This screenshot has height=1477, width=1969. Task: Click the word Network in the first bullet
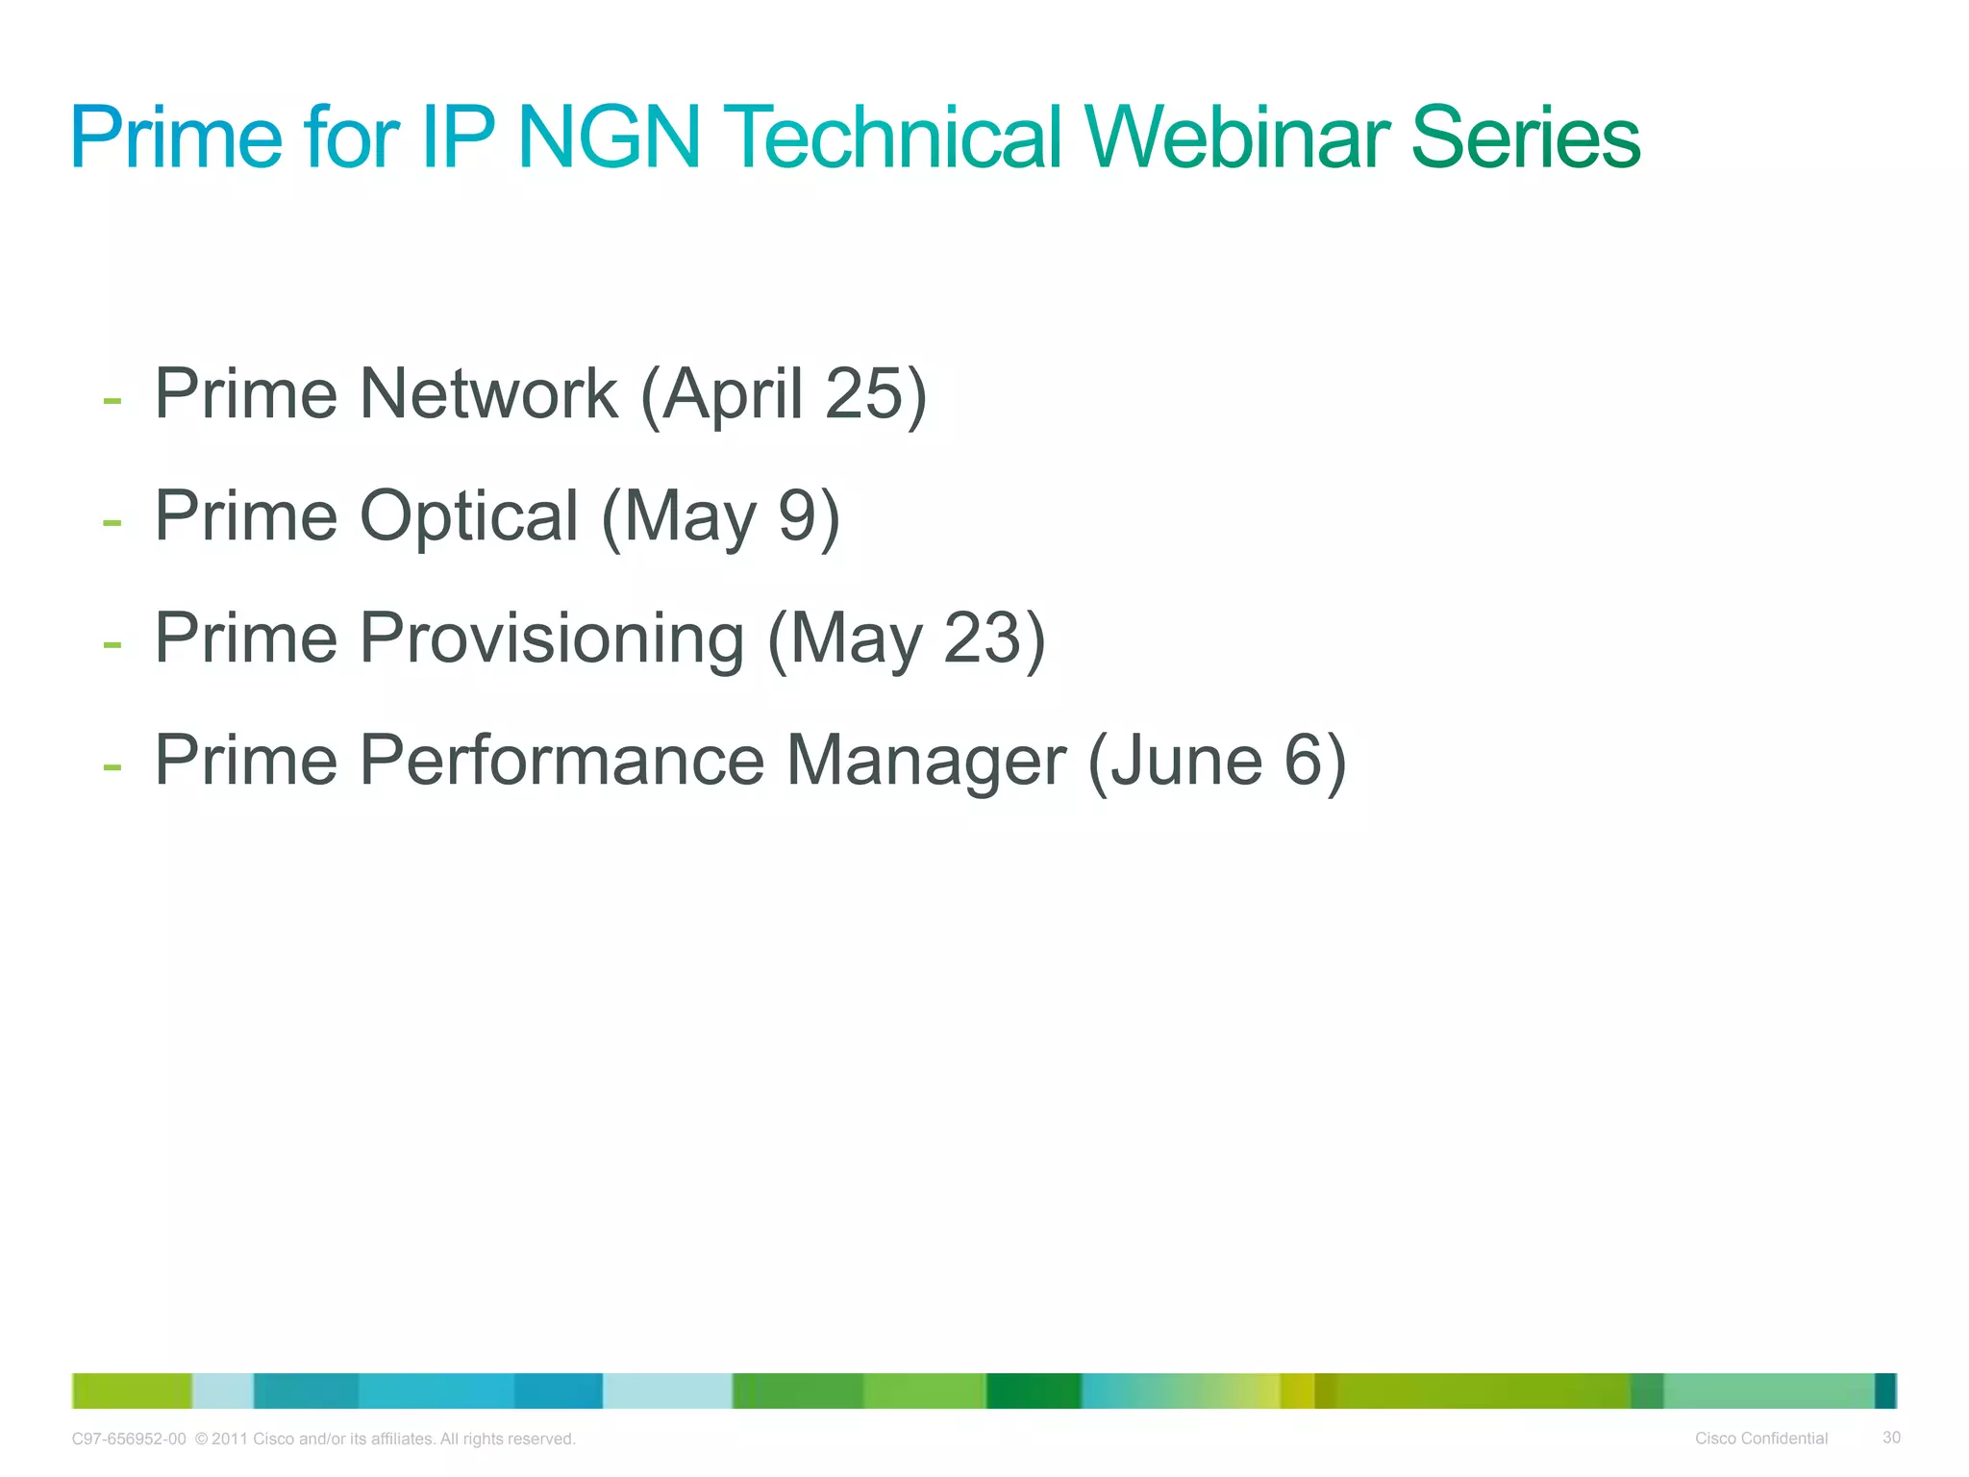click(487, 394)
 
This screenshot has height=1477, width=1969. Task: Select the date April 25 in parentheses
click(784, 394)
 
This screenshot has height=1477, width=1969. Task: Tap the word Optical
click(468, 516)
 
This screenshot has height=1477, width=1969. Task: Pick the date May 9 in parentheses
click(720, 516)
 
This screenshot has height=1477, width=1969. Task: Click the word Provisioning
click(551, 638)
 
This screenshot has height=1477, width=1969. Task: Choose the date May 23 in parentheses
click(906, 638)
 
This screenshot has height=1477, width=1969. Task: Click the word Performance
click(561, 761)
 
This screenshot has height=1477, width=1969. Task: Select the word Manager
click(926, 761)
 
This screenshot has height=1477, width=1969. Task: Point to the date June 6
click(1217, 761)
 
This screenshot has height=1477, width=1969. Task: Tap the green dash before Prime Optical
click(112, 522)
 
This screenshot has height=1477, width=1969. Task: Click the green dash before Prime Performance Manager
click(112, 766)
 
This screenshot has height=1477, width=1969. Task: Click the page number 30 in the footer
click(1891, 1438)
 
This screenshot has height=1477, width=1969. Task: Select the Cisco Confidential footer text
click(1760, 1439)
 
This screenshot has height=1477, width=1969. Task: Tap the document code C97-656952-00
click(129, 1439)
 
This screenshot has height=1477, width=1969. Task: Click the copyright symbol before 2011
click(201, 1439)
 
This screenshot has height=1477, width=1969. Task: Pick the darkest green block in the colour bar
click(1034, 1390)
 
